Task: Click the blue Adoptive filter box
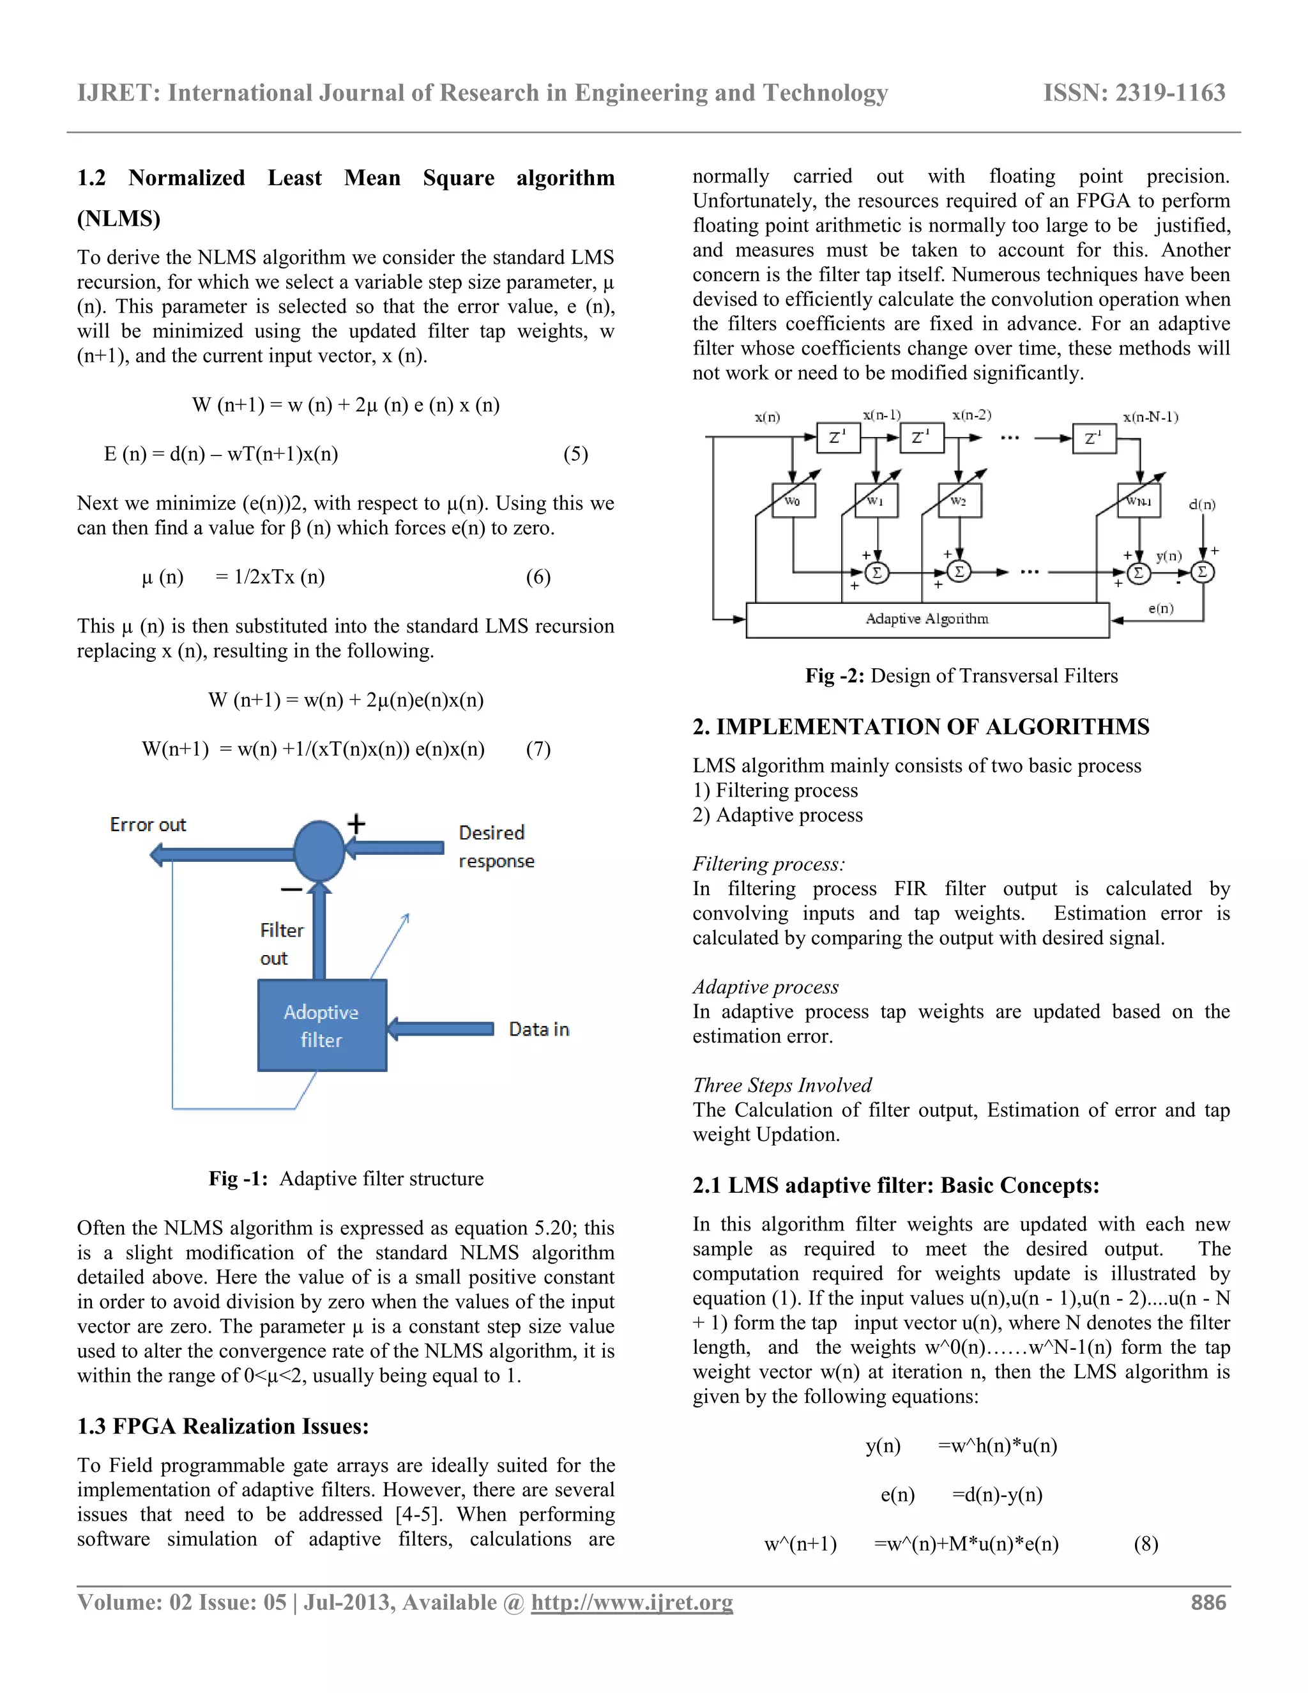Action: [x=322, y=1025]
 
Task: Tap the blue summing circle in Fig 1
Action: [x=319, y=850]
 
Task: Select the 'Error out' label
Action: [x=148, y=824]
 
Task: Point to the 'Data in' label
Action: [x=538, y=1029]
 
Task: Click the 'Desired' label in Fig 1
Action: [x=491, y=832]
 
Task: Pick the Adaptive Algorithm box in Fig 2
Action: [x=927, y=619]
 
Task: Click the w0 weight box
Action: [x=793, y=500]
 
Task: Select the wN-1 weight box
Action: [x=1138, y=500]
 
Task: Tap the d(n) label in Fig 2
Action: [x=1202, y=505]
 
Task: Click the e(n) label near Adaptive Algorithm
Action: [x=1160, y=608]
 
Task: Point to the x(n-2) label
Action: [x=971, y=415]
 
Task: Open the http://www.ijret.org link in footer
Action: [x=632, y=1602]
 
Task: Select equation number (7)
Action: [x=538, y=749]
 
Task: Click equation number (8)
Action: [x=1145, y=1544]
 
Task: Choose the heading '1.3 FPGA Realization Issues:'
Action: [x=222, y=1427]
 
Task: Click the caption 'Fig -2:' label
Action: [x=835, y=675]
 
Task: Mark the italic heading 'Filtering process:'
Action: [x=768, y=864]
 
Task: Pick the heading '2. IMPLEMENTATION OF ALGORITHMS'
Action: [x=920, y=726]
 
